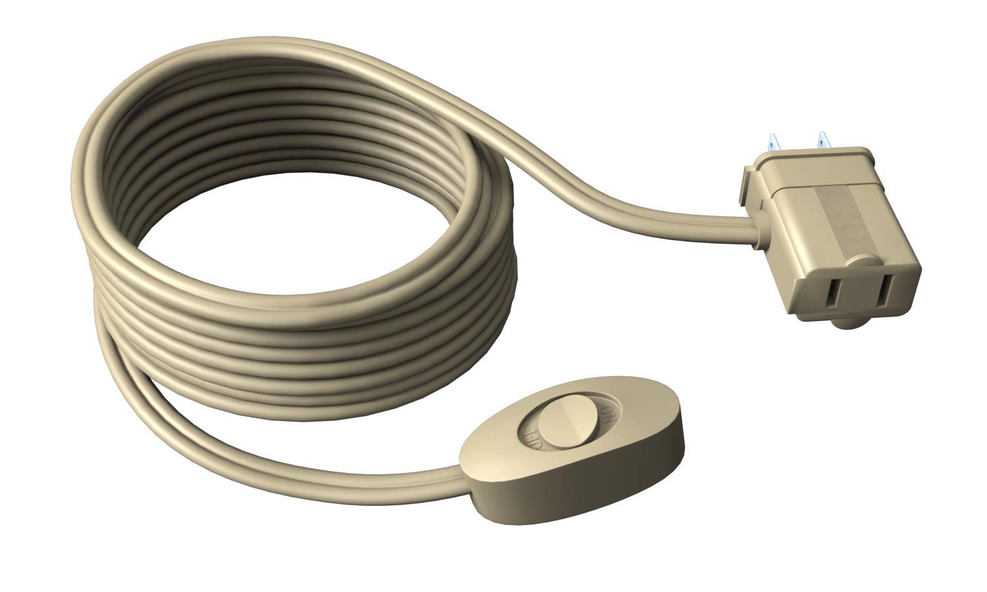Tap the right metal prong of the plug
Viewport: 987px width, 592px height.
coord(822,141)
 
